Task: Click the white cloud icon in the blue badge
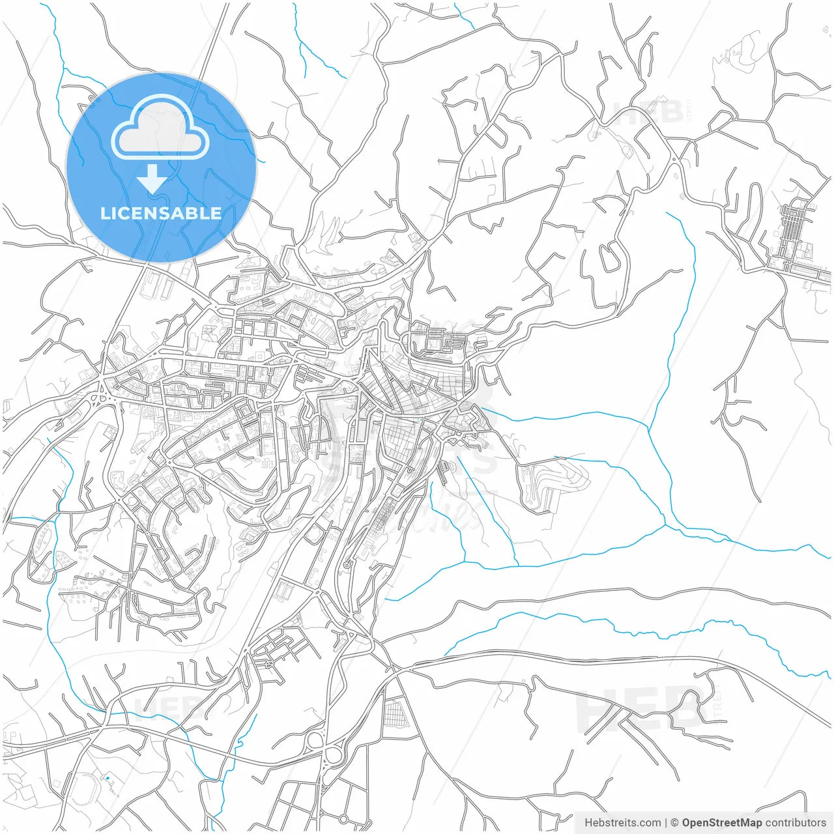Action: point(160,128)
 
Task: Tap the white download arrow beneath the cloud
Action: point(152,179)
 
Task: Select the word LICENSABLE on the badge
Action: point(161,213)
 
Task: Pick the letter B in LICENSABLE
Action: point(191,213)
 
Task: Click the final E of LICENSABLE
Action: point(216,213)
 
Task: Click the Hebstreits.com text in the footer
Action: point(622,823)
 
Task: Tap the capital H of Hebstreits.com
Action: point(588,823)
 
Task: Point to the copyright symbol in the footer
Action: point(675,823)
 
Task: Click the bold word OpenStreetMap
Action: point(721,823)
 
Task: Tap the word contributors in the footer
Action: point(795,823)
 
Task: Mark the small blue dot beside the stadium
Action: point(107,778)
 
